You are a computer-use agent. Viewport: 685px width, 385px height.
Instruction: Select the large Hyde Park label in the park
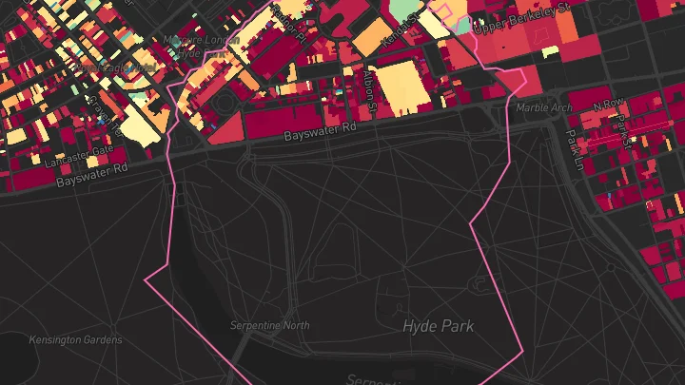coord(438,326)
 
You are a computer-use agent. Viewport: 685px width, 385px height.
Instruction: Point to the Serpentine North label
coord(270,326)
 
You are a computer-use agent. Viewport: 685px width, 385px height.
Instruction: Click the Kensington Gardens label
coord(75,340)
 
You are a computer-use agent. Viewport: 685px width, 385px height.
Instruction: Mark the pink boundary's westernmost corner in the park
coord(145,281)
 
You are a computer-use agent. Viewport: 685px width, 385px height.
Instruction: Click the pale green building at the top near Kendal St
coord(403,10)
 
